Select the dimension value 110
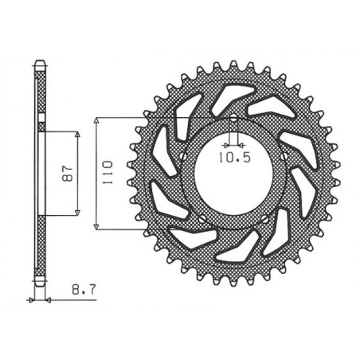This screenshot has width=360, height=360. pyautogui.click(x=110, y=171)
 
